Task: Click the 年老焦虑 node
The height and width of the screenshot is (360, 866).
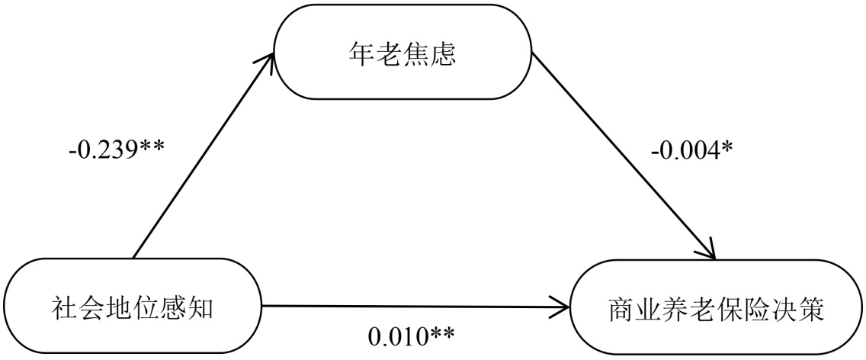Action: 403,52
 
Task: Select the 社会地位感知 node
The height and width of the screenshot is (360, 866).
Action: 134,307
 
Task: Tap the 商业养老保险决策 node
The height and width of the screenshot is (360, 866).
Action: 718,310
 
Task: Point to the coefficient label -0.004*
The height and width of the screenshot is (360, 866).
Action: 692,149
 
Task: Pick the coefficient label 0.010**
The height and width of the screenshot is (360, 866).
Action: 412,334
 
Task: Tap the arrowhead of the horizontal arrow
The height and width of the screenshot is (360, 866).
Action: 563,308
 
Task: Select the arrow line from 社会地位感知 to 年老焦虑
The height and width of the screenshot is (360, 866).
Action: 202,156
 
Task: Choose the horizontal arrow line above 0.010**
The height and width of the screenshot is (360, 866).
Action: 412,307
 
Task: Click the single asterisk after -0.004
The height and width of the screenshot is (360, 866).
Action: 726,146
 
